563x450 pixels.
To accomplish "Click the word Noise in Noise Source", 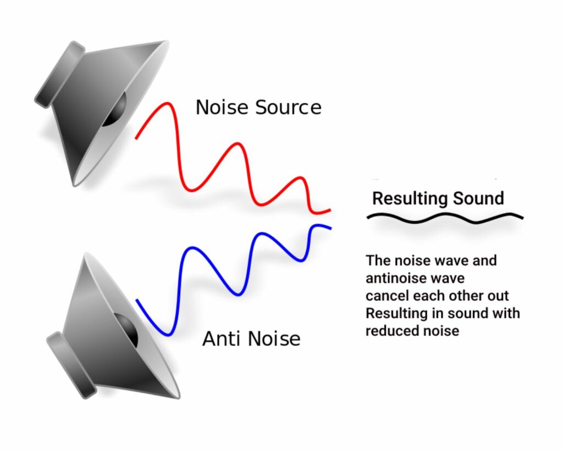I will click(222, 107).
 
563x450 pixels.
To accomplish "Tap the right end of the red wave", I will click(329, 210).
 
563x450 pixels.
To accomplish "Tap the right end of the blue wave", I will click(329, 227).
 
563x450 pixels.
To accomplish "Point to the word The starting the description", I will click(377, 260).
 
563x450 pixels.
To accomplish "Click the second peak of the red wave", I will click(238, 145).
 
